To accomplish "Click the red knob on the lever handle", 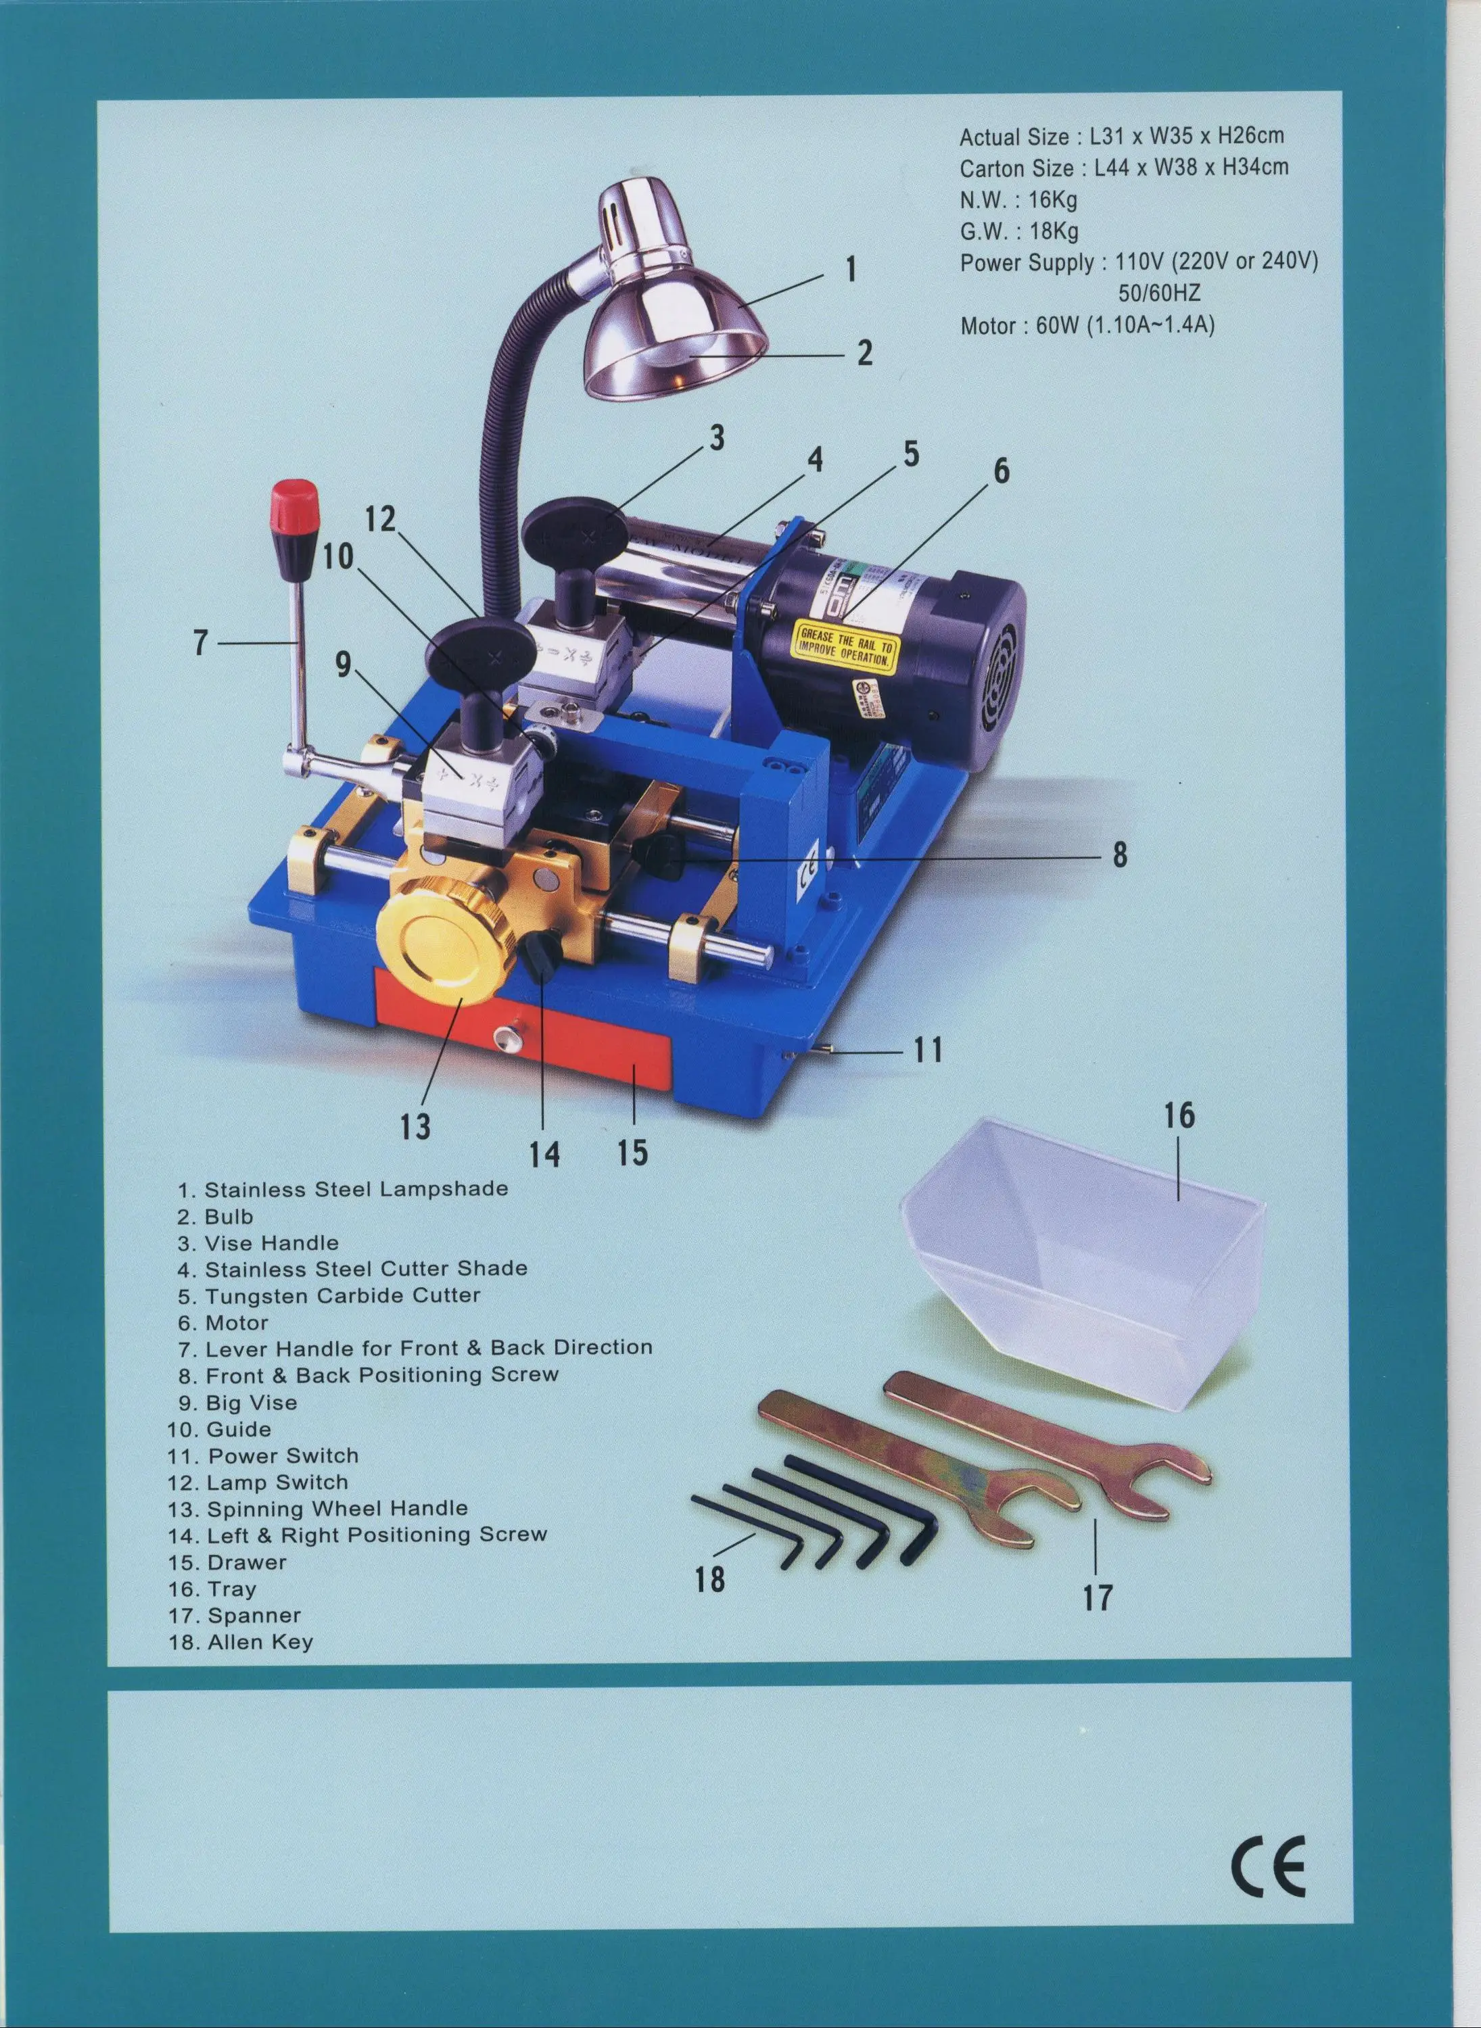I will pyautogui.click(x=294, y=506).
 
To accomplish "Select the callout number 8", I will pyautogui.click(x=1120, y=855).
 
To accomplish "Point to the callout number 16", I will pyautogui.click(x=1180, y=1115).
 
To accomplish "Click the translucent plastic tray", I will pyautogui.click(x=1085, y=1255).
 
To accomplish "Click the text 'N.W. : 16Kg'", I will pyautogui.click(x=1018, y=199).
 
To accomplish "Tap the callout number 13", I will pyautogui.click(x=415, y=1126).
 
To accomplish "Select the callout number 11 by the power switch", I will pyautogui.click(x=928, y=1049).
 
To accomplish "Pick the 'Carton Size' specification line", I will pyautogui.click(x=1123, y=168).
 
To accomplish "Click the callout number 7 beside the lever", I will pyautogui.click(x=201, y=643).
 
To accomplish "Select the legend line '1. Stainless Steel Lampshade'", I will pyautogui.click(x=344, y=1189).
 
